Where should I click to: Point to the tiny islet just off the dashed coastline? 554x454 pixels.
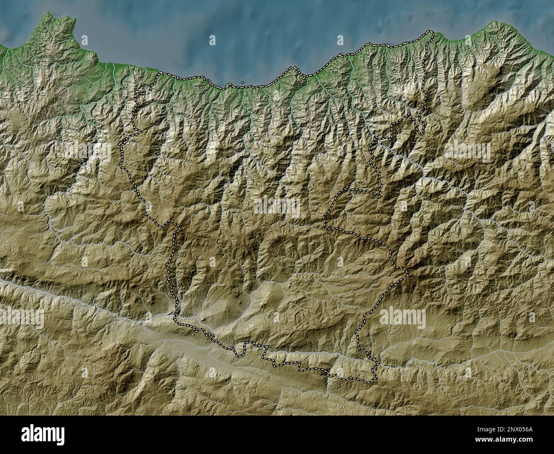(x=242, y=82)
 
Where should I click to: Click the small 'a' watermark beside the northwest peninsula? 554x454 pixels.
(x=84, y=40)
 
